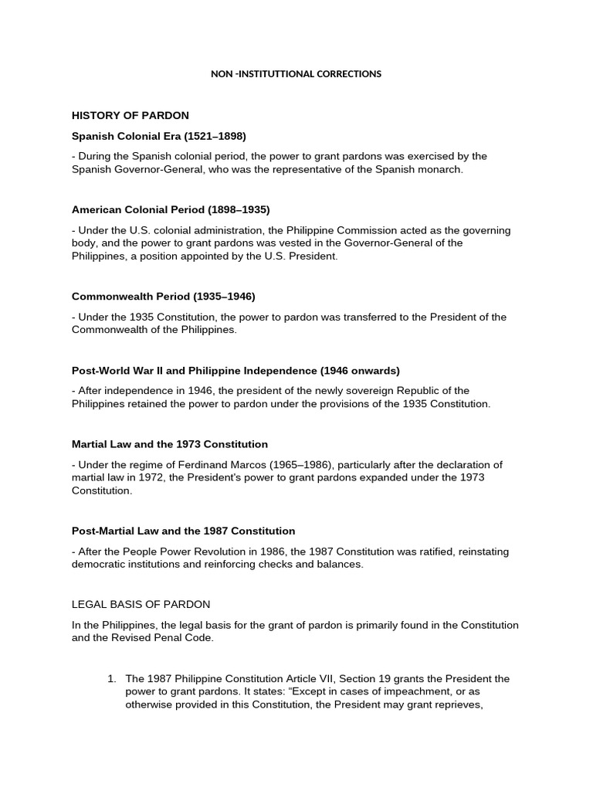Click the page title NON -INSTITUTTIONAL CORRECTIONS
click(x=296, y=74)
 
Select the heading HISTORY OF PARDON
click(x=130, y=115)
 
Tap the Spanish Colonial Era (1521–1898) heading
click(x=159, y=136)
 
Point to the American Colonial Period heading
click(x=171, y=209)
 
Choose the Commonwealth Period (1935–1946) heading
click(x=163, y=296)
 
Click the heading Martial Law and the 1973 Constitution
click(x=170, y=444)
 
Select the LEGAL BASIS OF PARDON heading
click(x=141, y=603)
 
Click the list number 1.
click(x=112, y=678)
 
